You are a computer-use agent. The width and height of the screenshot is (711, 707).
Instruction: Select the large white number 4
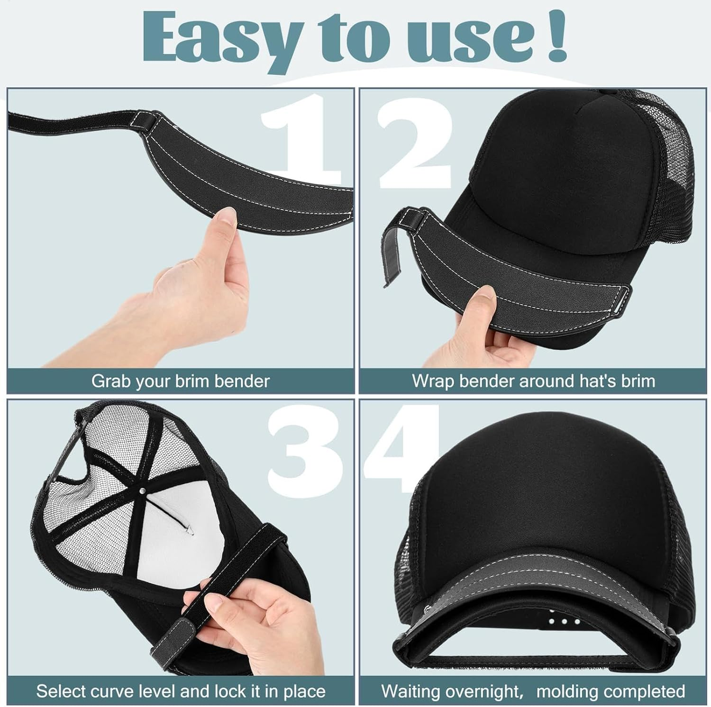point(403,450)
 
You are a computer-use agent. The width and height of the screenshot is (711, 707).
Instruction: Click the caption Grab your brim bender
point(180,381)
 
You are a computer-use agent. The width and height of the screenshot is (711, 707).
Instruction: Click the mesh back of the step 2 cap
point(664,190)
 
